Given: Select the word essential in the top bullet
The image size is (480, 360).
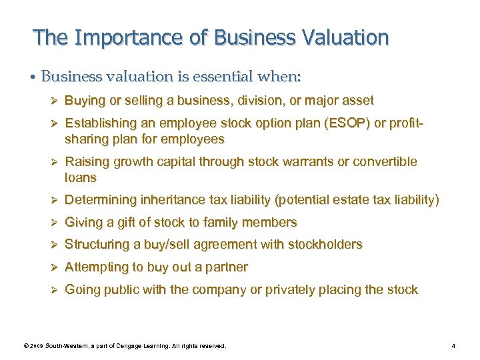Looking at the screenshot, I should [211, 76].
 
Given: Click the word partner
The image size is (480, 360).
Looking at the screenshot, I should [227, 267].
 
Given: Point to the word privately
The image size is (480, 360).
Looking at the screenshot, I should [302, 290].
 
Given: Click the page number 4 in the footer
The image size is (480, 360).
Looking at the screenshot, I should [453, 346].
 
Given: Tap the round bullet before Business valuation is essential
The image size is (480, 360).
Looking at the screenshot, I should [33, 77].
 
